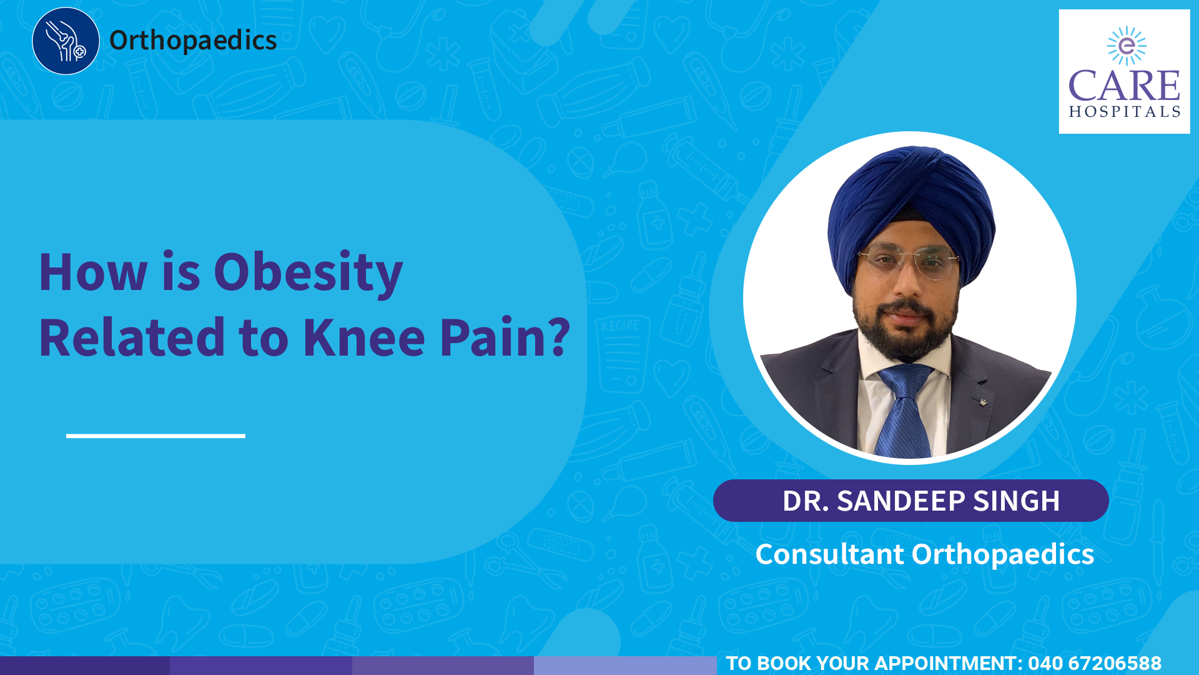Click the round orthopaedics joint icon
point(66,41)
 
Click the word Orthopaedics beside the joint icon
point(193,41)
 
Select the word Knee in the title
point(364,337)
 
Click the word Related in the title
point(132,337)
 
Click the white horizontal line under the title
point(155,436)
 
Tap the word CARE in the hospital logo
point(1124,86)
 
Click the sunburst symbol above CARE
point(1127,46)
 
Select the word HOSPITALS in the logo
point(1124,112)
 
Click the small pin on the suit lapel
point(984,401)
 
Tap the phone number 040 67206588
point(1095,663)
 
